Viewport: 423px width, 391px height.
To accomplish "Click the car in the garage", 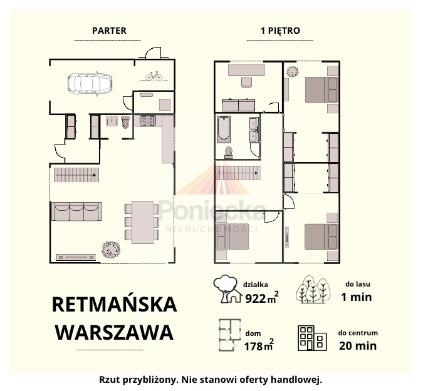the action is (90, 83).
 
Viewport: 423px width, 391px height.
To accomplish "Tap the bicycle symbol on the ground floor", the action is (154, 76).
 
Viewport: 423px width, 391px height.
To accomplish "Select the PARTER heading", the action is (109, 31).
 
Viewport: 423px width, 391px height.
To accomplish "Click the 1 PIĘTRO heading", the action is (280, 31).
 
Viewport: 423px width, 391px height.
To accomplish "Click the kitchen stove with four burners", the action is (148, 121).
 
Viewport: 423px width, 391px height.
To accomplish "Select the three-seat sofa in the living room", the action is (76, 211).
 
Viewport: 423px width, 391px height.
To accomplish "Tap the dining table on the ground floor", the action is (143, 222).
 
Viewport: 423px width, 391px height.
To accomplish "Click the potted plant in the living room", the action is (111, 249).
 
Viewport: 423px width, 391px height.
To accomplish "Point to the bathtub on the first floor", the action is (224, 129).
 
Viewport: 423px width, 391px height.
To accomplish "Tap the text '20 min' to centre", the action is (358, 346).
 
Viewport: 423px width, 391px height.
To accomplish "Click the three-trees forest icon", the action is (313, 290).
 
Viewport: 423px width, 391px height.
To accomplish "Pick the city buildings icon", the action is (312, 338).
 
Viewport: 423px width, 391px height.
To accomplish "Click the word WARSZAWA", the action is (115, 333).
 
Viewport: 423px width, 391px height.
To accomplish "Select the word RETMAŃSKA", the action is (115, 304).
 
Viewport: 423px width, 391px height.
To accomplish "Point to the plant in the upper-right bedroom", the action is (293, 72).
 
